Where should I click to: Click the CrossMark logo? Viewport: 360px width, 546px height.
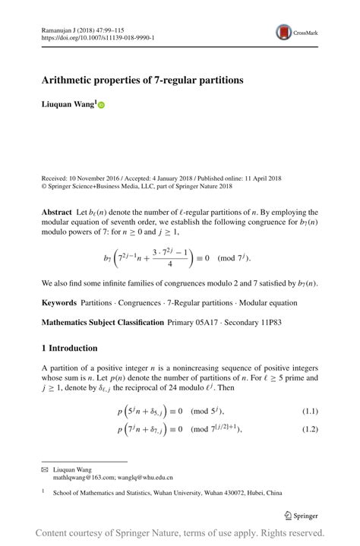[x=294, y=32]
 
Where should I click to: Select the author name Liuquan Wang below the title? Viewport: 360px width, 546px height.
[x=68, y=106]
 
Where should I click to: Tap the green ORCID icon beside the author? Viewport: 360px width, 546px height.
[x=101, y=106]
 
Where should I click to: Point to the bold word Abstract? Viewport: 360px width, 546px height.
[x=56, y=212]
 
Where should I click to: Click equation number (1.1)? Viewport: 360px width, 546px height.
[x=310, y=412]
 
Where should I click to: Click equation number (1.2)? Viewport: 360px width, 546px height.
[x=310, y=430]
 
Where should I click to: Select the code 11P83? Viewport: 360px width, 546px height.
[x=272, y=322]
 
